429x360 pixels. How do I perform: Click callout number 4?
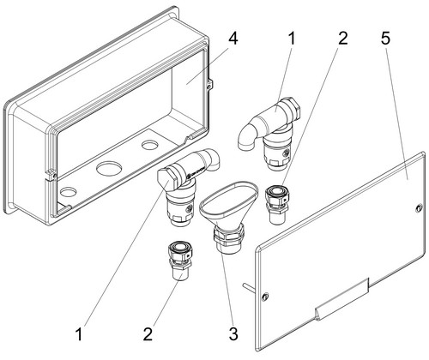pos(233,39)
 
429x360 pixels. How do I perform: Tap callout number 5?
pos(385,38)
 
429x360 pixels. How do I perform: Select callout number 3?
pos(233,333)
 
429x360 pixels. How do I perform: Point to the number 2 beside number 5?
pos(342,38)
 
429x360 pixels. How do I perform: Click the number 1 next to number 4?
pos(292,39)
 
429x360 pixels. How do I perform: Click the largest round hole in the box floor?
pos(109,169)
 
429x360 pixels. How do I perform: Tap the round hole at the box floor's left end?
pos(69,191)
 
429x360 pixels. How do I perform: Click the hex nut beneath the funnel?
pos(228,236)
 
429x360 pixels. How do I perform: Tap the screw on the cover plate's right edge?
pos(419,207)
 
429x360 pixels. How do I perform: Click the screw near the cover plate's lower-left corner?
pos(266,297)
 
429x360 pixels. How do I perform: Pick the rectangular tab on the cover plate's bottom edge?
pos(341,299)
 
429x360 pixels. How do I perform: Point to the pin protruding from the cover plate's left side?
pos(248,287)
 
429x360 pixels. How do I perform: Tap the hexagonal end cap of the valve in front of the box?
pos(166,179)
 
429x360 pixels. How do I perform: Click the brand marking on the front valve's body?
pos(196,172)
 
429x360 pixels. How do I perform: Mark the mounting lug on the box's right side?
pos(210,85)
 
